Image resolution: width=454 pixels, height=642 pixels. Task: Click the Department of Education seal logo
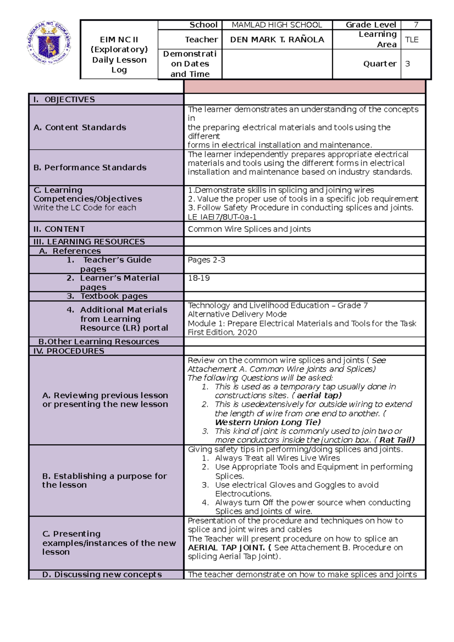pyautogui.click(x=49, y=43)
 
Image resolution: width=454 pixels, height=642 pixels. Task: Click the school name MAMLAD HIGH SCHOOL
pyautogui.click(x=277, y=25)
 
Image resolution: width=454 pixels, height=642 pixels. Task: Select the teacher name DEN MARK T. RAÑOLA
pyautogui.click(x=277, y=39)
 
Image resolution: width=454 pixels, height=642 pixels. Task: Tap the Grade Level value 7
pyautogui.click(x=416, y=25)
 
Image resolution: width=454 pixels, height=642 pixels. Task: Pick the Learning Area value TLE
pyautogui.click(x=412, y=40)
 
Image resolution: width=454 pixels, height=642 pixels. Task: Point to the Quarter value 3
pyautogui.click(x=407, y=64)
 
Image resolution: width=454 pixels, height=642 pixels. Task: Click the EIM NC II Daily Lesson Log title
pyautogui.click(x=119, y=54)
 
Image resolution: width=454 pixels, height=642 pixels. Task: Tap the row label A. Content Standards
pyautogui.click(x=80, y=127)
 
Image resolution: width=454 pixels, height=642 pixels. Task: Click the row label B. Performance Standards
pyautogui.click(x=90, y=167)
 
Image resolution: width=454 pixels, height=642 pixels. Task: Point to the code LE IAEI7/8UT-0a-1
pyautogui.click(x=222, y=217)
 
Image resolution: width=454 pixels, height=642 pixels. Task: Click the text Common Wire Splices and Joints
pyautogui.click(x=249, y=229)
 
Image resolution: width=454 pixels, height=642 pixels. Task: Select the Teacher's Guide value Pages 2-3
pyautogui.click(x=207, y=260)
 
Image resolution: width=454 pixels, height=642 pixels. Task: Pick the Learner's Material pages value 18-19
pyautogui.click(x=199, y=278)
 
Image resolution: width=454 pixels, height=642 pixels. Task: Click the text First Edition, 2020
pyautogui.click(x=222, y=332)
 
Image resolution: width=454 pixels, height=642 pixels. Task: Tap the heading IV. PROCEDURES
pyautogui.click(x=68, y=351)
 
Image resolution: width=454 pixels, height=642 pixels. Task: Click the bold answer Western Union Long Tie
pyautogui.click(x=267, y=422)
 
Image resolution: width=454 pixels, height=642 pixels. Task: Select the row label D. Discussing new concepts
pyautogui.click(x=102, y=575)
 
